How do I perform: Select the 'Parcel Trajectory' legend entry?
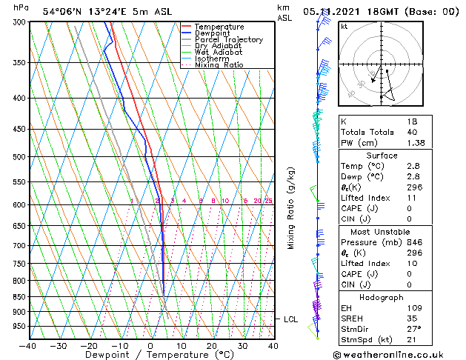tap(228, 39)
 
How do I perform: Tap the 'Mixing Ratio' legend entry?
tap(219, 65)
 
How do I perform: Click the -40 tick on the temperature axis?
tap(28, 346)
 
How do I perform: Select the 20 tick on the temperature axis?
tap(211, 346)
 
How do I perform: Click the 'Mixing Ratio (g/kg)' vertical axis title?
tap(291, 207)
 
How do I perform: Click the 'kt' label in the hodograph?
tap(344, 27)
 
